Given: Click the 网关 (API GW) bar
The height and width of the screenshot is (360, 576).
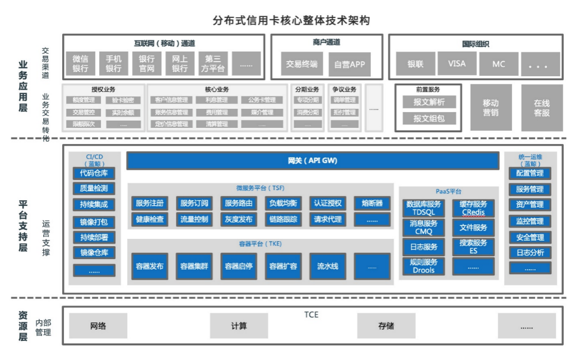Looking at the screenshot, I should click(x=312, y=161).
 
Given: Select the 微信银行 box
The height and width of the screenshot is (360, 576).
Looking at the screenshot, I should click(x=80, y=63).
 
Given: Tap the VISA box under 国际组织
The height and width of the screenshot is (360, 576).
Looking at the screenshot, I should click(x=457, y=64).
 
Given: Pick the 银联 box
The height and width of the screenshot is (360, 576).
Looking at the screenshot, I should click(x=415, y=64).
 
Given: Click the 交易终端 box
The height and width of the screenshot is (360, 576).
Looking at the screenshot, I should click(x=301, y=64).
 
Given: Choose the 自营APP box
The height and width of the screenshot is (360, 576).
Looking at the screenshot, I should click(x=349, y=64).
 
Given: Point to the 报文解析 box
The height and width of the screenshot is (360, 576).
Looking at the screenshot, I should click(x=429, y=102).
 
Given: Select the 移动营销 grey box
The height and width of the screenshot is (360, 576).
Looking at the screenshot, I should click(x=490, y=108).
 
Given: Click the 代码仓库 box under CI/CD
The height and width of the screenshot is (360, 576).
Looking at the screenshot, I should click(x=94, y=173).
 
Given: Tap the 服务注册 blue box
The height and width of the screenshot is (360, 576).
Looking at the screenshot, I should click(x=150, y=203).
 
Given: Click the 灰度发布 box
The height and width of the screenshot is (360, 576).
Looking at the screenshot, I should click(x=239, y=219).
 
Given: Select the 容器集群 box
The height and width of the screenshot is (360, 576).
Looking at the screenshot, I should click(x=194, y=266).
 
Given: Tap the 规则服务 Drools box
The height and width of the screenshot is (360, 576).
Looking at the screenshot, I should click(x=423, y=266).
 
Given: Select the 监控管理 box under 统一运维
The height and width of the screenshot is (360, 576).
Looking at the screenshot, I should click(x=529, y=221).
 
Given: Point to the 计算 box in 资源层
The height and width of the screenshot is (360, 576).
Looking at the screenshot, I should click(x=239, y=326).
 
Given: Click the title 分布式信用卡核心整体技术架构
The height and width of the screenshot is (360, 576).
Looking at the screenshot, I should click(x=291, y=21).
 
